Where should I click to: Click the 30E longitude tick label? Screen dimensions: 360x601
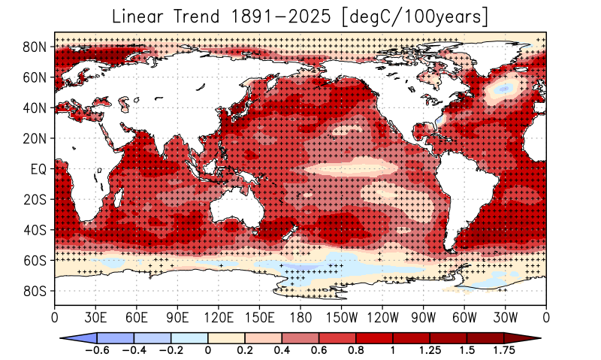tap(95, 316)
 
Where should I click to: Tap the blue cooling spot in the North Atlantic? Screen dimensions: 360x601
tap(503, 89)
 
